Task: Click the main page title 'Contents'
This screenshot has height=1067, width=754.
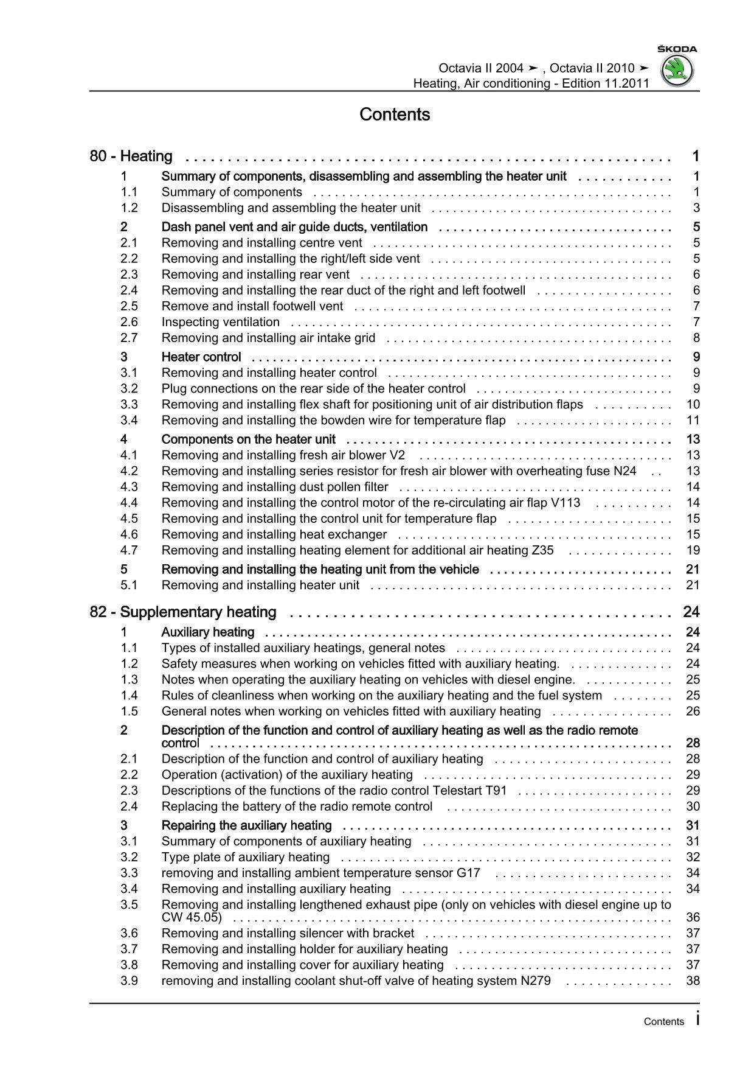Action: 395,114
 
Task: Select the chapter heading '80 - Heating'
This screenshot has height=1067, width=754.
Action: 131,156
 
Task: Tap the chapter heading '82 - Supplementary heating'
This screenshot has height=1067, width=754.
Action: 182,612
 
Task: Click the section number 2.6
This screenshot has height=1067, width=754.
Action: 129,322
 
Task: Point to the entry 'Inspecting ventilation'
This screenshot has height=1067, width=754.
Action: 220,322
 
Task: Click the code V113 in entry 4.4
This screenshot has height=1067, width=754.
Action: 565,503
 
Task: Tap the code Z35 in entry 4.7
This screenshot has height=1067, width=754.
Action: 542,550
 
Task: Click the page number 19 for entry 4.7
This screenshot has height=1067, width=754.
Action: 693,550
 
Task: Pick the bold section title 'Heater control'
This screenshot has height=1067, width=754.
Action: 201,357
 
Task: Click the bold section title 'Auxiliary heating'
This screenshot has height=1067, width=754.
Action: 207,632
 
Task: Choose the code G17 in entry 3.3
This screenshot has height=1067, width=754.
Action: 468,873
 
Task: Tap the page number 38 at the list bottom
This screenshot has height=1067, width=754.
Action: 693,981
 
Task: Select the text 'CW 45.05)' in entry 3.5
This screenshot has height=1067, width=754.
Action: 192,917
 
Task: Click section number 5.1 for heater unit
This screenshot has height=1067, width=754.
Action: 129,586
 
